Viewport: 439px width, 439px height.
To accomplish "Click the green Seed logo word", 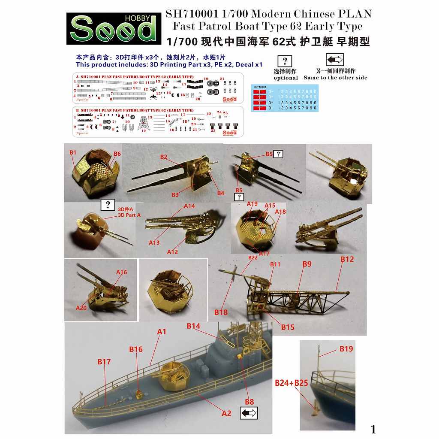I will pos(113,30).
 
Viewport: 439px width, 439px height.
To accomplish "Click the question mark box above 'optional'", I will pos(285,61).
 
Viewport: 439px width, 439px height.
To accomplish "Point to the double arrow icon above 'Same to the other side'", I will pos(335,60).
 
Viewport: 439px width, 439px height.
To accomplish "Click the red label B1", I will pos(73,152).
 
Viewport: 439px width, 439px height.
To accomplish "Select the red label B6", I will pos(117,154).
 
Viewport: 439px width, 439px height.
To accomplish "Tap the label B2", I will pos(164,157).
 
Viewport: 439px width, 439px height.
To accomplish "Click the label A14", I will pos(189,206).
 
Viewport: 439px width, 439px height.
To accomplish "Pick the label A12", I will pos(172,252).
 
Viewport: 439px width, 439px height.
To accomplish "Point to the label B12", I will pos(347,259).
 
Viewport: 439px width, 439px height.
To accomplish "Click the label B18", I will pos(221,312).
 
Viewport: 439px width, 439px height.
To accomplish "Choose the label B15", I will pos(288,327).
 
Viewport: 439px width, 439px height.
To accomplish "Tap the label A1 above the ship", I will pos(162,332).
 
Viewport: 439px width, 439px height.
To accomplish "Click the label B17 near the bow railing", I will pos(104,362).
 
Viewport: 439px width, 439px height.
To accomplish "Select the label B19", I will pos(346,349).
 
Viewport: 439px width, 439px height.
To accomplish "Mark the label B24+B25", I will pos(292,383).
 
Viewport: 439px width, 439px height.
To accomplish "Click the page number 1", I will pos(373,429).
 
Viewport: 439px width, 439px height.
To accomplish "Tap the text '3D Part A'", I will pos(129,215).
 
